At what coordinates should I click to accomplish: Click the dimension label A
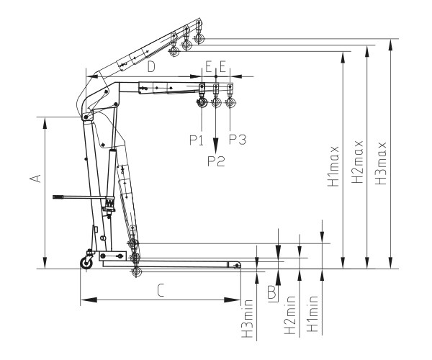point(35,179)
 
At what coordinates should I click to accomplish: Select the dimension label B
point(272,292)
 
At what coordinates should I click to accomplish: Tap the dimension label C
point(161,291)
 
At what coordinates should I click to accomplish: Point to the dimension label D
point(151,66)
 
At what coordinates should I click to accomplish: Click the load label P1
point(196,140)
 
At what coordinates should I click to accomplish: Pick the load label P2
point(216,161)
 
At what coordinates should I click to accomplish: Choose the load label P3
point(238,140)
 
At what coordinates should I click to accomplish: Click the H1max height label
point(333,166)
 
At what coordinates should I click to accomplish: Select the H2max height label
point(357,162)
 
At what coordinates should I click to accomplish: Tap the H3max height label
point(381,163)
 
